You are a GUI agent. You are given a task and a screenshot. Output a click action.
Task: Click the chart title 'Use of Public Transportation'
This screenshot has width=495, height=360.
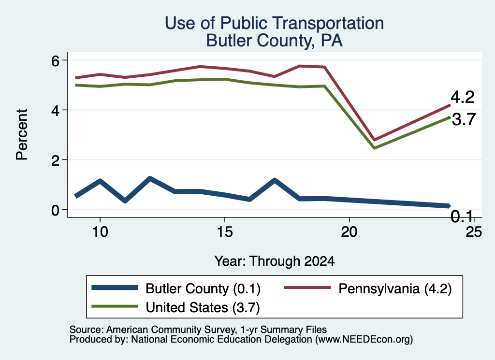(275, 23)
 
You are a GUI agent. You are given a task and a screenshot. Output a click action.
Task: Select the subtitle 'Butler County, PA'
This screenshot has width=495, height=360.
(275, 41)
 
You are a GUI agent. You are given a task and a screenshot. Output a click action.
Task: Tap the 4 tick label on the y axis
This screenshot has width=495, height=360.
(55, 111)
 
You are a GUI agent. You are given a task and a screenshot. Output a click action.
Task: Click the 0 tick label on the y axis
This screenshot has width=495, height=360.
(55, 210)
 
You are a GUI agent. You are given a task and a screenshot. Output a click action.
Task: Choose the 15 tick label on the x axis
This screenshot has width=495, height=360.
(224, 232)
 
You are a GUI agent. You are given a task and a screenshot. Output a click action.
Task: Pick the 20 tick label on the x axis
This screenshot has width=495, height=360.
(349, 232)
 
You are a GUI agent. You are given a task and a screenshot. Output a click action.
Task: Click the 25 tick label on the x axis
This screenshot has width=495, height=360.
(474, 232)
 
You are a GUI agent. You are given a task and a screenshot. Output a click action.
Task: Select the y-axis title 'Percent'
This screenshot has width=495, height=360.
(22, 134)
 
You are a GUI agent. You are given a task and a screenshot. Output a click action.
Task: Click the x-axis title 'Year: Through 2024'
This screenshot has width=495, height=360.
(275, 261)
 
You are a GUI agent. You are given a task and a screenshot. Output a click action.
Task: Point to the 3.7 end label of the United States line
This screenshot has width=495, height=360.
(464, 119)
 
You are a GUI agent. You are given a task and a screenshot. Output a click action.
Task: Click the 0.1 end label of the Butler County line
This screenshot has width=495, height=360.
(462, 216)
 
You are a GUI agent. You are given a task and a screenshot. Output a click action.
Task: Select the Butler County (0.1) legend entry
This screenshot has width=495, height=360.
(176, 288)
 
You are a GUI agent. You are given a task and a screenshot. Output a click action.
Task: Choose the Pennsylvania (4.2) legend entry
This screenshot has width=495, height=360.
(368, 288)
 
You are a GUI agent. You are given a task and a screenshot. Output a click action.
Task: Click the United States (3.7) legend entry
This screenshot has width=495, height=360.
(175, 307)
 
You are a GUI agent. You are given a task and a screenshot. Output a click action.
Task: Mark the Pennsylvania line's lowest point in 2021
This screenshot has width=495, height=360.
(375, 140)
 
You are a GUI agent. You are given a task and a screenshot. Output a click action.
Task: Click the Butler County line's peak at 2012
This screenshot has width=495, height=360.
(150, 178)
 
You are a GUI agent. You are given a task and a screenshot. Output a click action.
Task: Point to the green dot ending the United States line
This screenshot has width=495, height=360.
(449, 118)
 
